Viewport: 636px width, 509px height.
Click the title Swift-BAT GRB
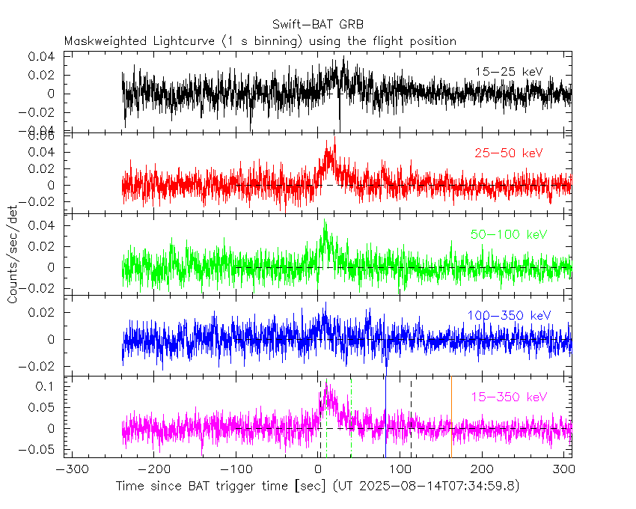click(318, 25)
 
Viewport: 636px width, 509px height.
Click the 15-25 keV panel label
click(508, 71)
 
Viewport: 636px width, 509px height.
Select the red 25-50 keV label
click(508, 153)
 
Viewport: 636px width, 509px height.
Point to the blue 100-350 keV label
click(509, 315)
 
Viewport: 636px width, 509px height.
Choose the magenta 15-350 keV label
click(509, 397)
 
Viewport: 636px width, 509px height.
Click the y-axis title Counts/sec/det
click(13, 256)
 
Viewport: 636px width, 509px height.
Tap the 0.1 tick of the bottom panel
click(46, 386)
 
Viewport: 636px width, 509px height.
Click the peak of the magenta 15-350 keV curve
click(326, 383)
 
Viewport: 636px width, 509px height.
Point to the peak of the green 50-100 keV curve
click(325, 222)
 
